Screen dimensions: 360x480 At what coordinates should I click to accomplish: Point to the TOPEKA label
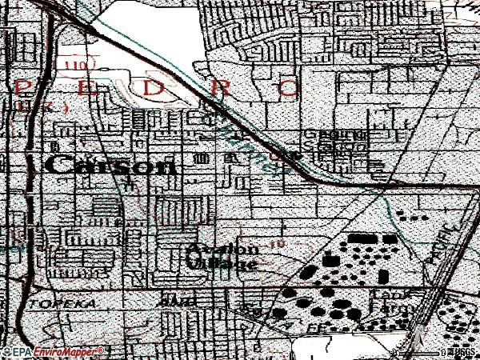53,306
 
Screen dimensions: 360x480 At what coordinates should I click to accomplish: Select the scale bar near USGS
416,353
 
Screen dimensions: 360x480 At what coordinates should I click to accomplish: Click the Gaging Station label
334,142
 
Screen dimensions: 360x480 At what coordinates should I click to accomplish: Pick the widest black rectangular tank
359,238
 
